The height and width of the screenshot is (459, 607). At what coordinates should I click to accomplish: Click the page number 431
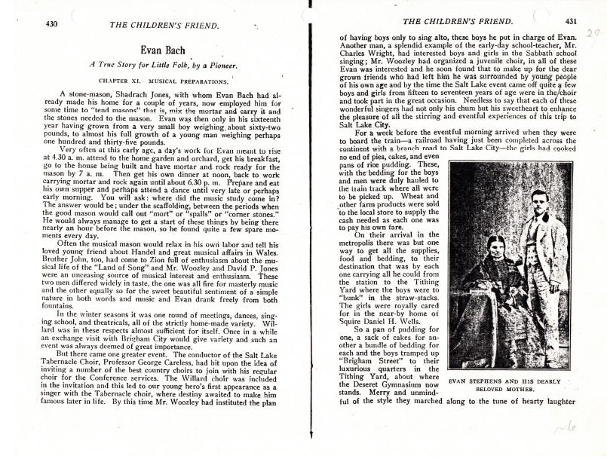[x=571, y=21]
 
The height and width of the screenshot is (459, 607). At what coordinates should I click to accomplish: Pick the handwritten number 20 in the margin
[x=593, y=34]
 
